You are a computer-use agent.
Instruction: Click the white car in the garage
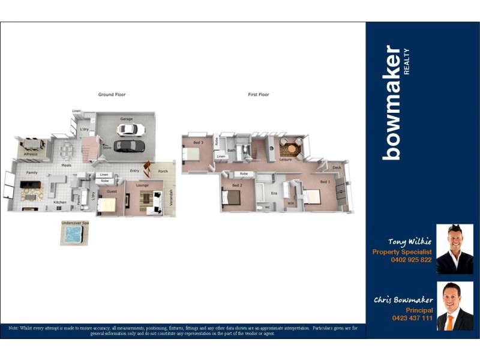click(x=136, y=129)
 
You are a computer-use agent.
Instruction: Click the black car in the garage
click(x=126, y=145)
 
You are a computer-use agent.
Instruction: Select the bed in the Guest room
click(x=107, y=205)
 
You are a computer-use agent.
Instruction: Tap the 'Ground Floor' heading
click(x=112, y=95)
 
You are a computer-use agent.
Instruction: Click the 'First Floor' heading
click(x=259, y=95)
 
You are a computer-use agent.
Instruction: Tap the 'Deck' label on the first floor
click(x=337, y=167)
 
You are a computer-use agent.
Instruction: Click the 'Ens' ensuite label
click(x=274, y=193)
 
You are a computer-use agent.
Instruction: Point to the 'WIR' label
click(x=290, y=203)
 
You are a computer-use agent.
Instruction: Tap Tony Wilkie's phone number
click(x=410, y=260)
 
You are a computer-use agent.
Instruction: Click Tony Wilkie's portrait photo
click(x=455, y=249)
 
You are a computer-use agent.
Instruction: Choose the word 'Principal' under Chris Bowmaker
click(x=419, y=310)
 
